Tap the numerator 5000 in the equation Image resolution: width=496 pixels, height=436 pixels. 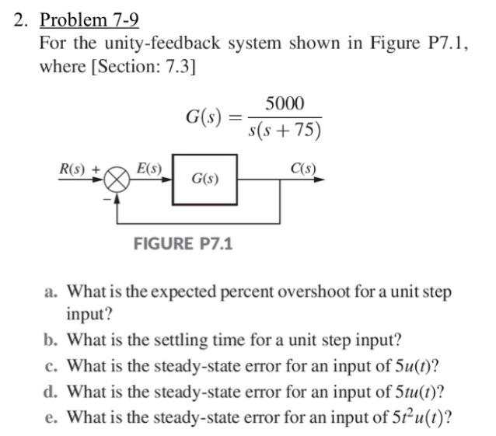click(x=285, y=104)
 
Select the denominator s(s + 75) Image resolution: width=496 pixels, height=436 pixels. click(x=285, y=130)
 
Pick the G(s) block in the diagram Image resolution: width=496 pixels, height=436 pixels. click(x=204, y=179)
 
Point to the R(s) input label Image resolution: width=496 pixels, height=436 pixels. click(x=75, y=169)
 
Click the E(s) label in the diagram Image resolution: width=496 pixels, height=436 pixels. click(x=148, y=168)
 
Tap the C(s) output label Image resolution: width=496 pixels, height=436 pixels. click(x=302, y=168)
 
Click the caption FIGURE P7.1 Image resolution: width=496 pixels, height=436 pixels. click(x=183, y=244)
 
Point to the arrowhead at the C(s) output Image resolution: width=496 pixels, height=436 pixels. click(x=320, y=179)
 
